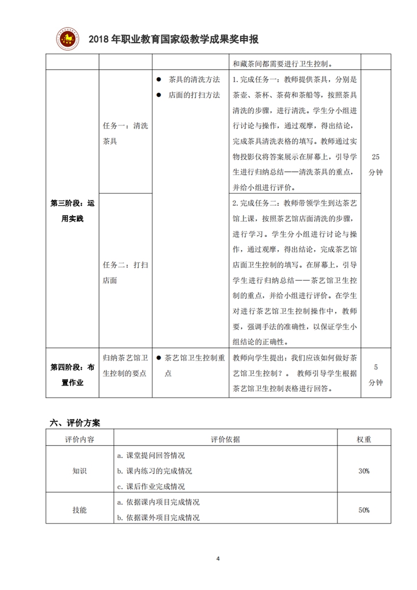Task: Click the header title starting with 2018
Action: [x=173, y=39]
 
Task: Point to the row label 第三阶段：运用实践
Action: [x=72, y=210]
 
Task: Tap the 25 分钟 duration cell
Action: [x=376, y=164]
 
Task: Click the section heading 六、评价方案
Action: [x=75, y=422]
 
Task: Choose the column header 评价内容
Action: [x=79, y=439]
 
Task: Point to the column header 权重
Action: [x=363, y=439]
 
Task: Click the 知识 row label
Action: [x=79, y=471]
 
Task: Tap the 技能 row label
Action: [x=79, y=510]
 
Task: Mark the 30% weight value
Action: [x=363, y=471]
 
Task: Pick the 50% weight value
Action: [x=363, y=510]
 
